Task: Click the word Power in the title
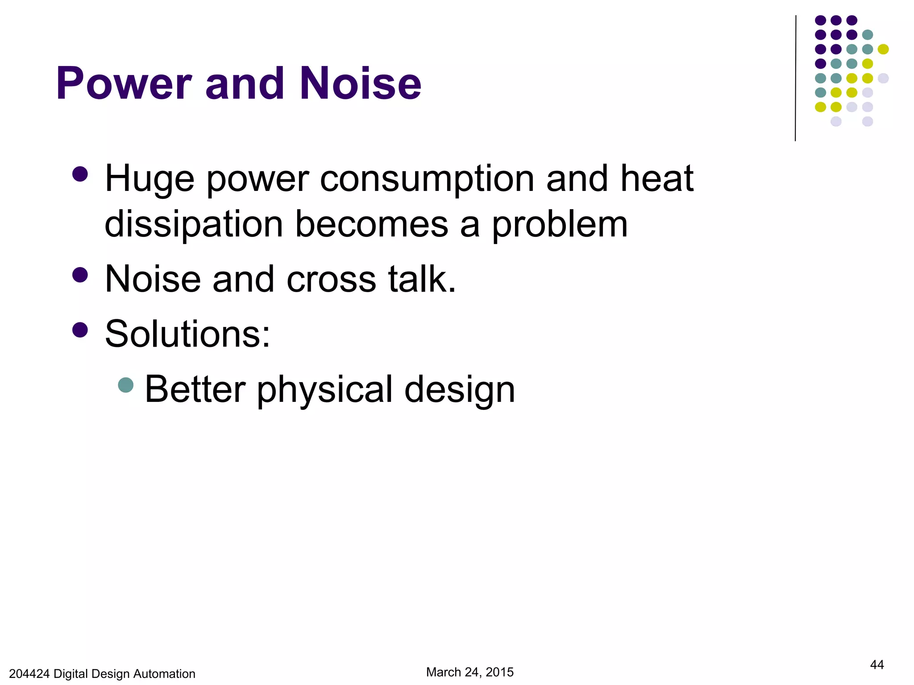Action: (x=124, y=84)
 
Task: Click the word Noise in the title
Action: (x=360, y=84)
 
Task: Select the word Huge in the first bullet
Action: (x=150, y=179)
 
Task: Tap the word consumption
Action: (x=427, y=179)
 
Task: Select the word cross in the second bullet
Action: (x=332, y=280)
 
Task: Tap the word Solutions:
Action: (x=187, y=334)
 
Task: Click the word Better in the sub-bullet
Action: (x=195, y=389)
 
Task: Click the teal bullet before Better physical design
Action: (x=126, y=385)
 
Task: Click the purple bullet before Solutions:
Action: (x=80, y=330)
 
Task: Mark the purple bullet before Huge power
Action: (x=80, y=174)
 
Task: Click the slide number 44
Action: (x=877, y=665)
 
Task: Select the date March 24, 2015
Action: (x=469, y=672)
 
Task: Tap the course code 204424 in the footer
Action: (x=29, y=674)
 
